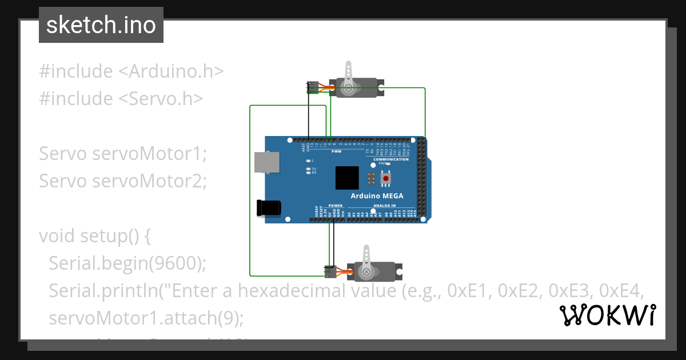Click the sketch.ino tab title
[101, 26]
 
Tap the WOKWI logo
[608, 315]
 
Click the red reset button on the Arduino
[386, 179]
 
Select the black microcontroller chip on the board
[347, 178]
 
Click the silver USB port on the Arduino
[267, 162]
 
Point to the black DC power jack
[268, 208]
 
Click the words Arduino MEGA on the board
[377, 196]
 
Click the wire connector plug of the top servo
[313, 87]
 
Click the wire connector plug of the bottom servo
[330, 271]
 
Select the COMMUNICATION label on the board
[391, 159]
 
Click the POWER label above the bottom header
[336, 205]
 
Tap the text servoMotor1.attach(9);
[146, 318]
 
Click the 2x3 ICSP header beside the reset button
[371, 179]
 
